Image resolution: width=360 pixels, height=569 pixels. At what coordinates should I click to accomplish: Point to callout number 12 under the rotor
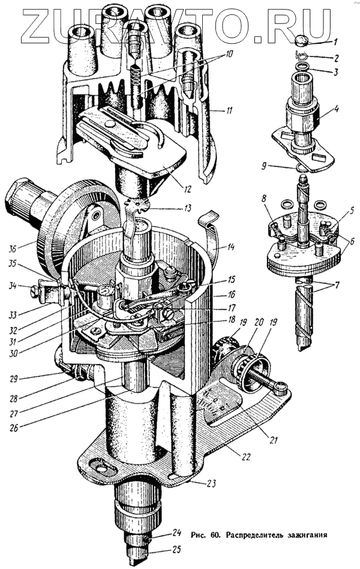[x=187, y=189]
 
